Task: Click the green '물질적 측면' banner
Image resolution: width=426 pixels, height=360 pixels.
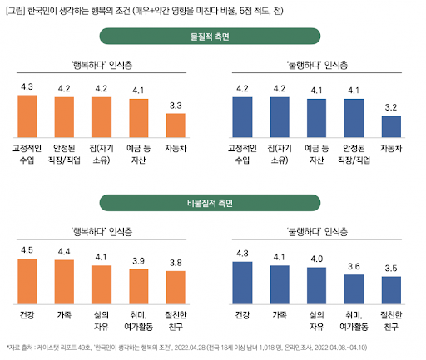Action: pos(212,36)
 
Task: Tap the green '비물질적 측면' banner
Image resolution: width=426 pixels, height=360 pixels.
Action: pos(212,202)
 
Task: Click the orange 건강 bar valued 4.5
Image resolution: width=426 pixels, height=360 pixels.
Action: pos(28,283)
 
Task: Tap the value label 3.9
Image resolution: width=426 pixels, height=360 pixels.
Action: pos(138,260)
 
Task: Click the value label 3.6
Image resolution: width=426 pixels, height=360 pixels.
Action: pos(354,267)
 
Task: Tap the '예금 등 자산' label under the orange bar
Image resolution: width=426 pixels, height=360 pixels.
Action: pos(138,153)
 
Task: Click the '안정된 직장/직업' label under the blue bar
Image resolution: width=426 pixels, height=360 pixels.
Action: pos(354,153)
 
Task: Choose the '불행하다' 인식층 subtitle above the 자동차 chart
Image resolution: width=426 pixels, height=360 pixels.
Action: pos(317,63)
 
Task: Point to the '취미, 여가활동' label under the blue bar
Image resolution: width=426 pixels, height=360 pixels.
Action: pos(354,320)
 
